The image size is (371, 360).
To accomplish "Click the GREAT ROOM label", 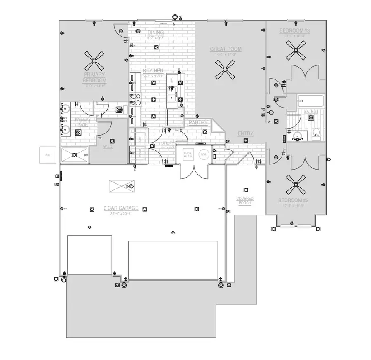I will click(225, 49).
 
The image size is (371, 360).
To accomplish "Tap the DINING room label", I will click(155, 33).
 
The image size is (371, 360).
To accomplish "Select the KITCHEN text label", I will click(153, 71).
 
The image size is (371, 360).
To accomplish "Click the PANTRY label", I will click(197, 122).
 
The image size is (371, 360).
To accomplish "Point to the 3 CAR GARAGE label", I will click(120, 208).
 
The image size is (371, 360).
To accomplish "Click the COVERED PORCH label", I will click(245, 201).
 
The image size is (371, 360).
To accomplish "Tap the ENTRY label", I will click(245, 133).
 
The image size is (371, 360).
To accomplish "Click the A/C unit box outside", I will click(48, 155).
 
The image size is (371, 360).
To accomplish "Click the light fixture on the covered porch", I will click(246, 190).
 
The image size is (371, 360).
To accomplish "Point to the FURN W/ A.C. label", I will click(188, 155).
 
